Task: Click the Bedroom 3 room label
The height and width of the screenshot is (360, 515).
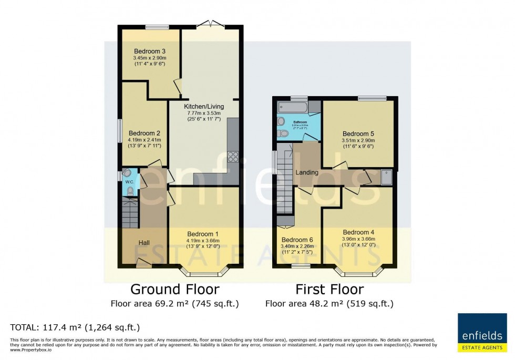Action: point(142,50)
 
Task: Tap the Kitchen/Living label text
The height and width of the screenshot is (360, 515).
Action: point(205,107)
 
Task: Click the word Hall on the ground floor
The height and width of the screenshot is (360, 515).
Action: point(145,242)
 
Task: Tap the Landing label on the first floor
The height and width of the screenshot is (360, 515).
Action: point(307,172)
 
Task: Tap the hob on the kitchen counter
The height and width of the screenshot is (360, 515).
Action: point(233,156)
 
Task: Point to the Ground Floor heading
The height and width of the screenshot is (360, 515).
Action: point(174,289)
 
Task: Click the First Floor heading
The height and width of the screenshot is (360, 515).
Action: point(329,289)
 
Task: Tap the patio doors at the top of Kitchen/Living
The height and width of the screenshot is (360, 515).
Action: point(210,24)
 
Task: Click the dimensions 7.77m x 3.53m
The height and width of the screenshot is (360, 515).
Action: point(205,113)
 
